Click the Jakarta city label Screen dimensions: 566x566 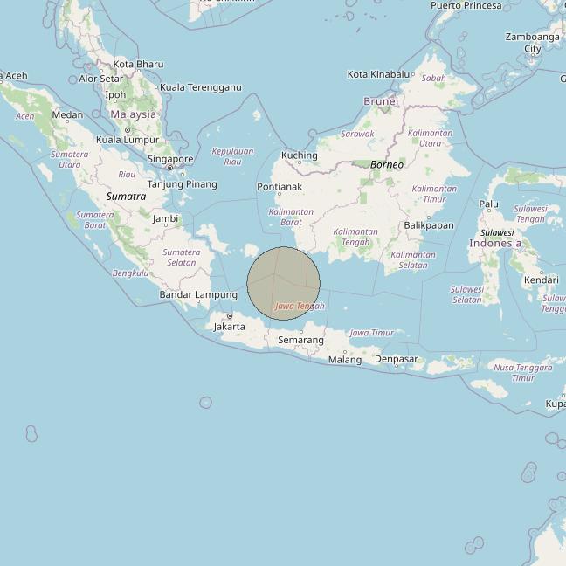coord(230,326)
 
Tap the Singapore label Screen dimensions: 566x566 coord(170,159)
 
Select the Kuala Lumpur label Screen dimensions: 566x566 coord(128,140)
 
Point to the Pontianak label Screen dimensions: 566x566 coord(280,187)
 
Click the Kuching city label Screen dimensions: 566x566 coord(299,155)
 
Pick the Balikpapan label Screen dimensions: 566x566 coord(429,225)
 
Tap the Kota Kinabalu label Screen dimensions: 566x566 coord(379,74)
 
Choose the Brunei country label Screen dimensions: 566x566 coord(381,101)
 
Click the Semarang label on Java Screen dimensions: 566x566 coord(300,340)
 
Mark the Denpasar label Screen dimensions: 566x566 coord(396,359)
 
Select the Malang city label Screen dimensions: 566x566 coord(345,359)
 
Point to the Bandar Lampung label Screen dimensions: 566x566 coord(198,295)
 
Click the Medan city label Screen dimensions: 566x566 coord(67,114)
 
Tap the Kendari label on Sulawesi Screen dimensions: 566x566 coord(541,280)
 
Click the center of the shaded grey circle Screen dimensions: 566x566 coord(283,283)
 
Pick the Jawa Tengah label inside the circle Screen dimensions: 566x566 coord(300,306)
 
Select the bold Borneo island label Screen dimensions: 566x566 coord(387,164)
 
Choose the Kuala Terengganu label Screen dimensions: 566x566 coord(201,87)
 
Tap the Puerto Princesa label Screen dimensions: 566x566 coord(466,5)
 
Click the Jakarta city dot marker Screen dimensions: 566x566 coord(230,316)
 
